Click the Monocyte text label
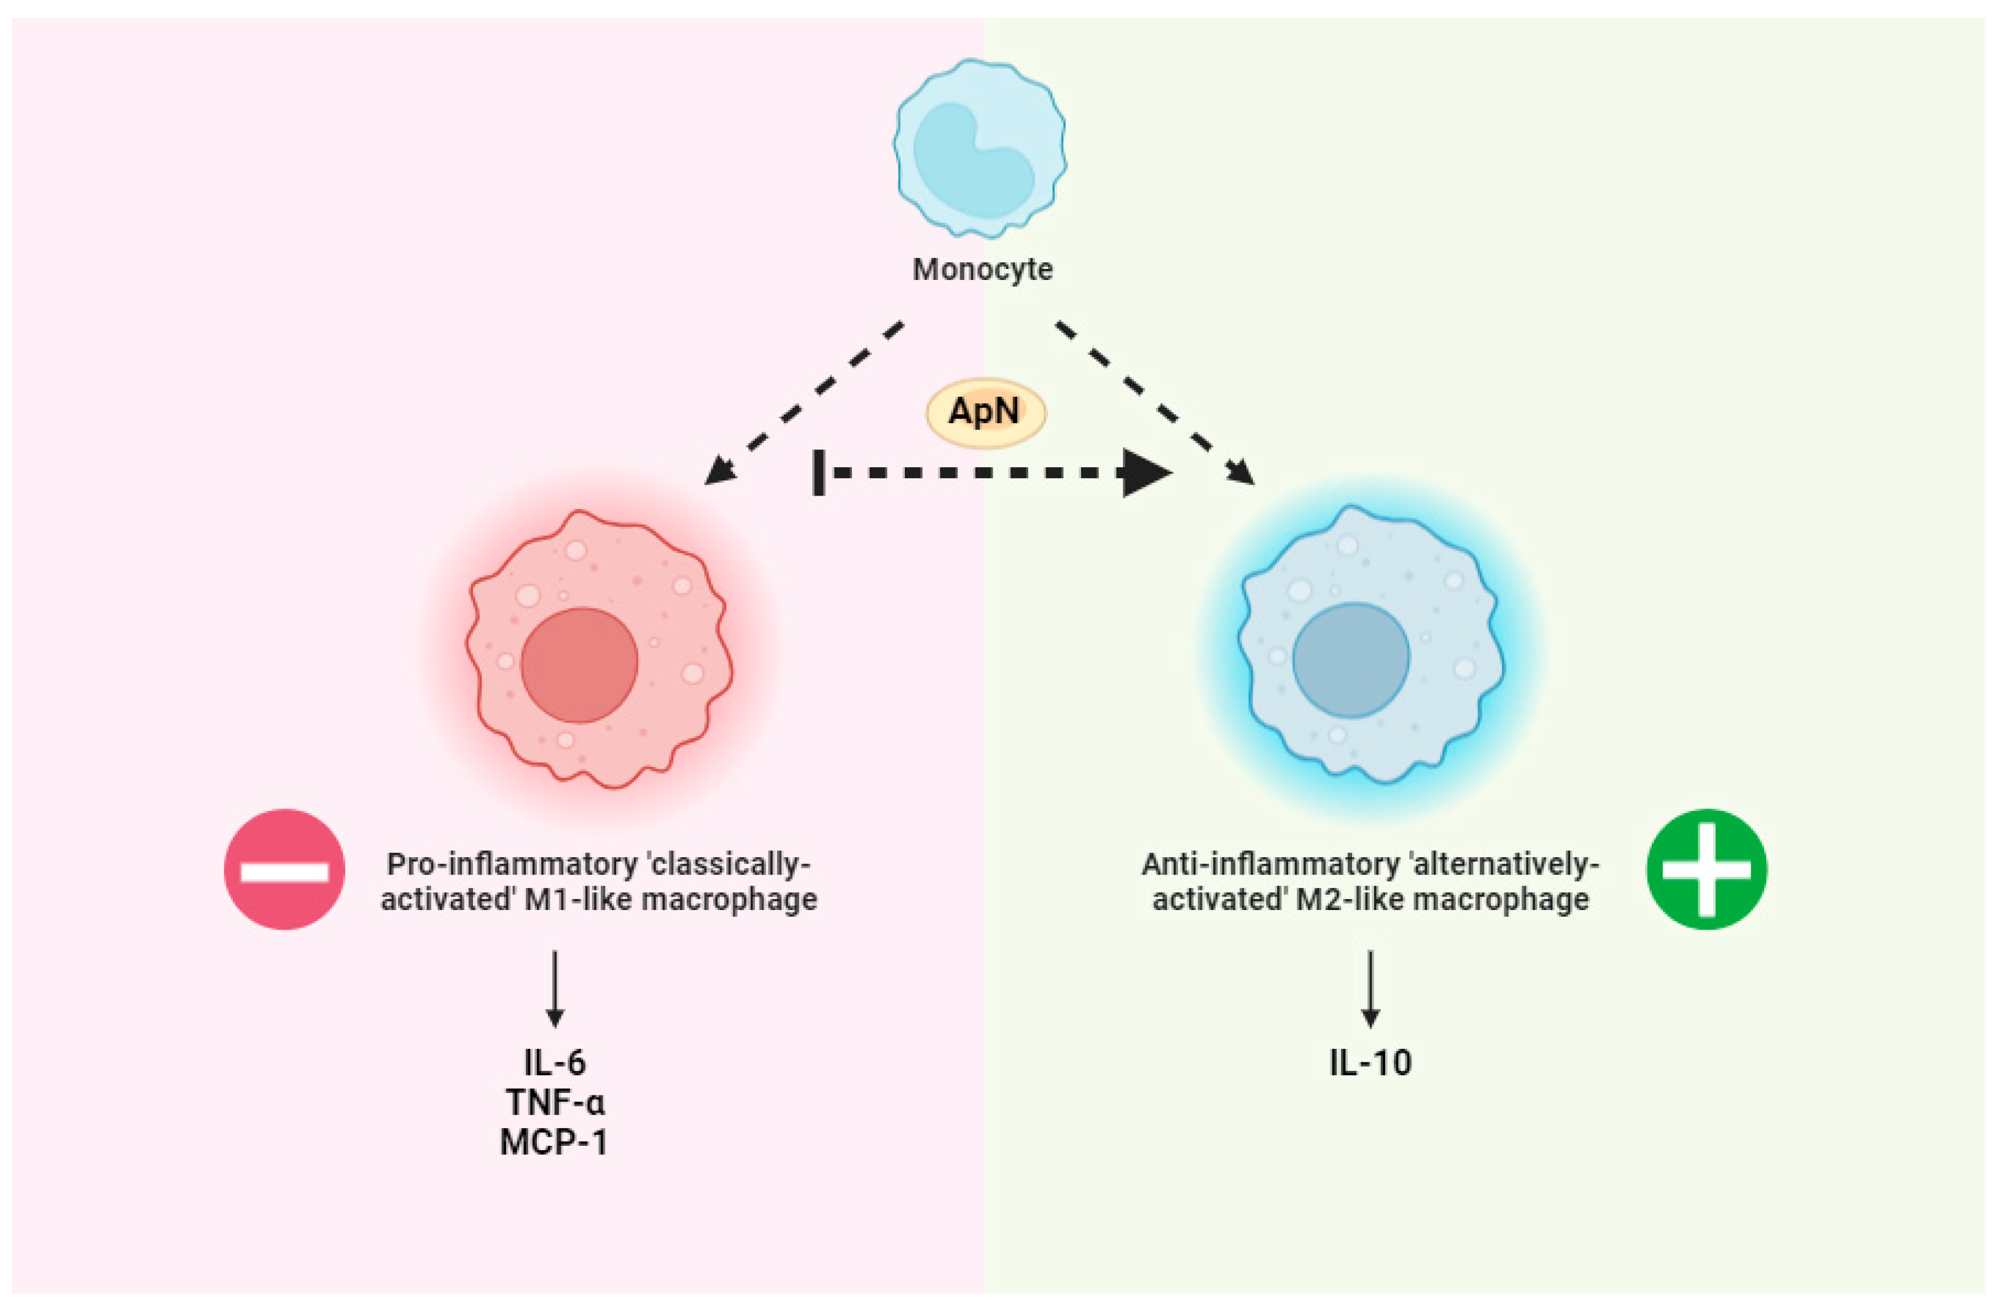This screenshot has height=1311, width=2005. click(x=982, y=270)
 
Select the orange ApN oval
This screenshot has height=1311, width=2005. click(x=985, y=413)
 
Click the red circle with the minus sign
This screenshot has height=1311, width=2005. click(x=284, y=869)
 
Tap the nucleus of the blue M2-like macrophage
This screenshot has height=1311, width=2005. click(x=1350, y=660)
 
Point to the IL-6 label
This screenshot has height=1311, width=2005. click(x=554, y=1062)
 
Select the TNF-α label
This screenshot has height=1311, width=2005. click(x=554, y=1102)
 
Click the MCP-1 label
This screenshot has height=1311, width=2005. click(x=553, y=1143)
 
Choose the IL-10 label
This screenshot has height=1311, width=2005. click(x=1370, y=1062)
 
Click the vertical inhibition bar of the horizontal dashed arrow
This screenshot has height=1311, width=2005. click(x=818, y=472)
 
